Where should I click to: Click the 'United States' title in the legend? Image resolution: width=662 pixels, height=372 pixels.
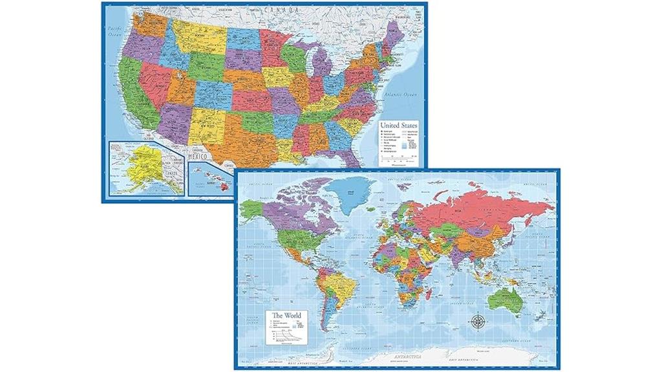(x=398, y=125)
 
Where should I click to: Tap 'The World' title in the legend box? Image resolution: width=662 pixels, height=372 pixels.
(x=286, y=316)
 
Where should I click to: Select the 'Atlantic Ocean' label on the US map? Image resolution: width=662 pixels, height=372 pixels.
(x=402, y=95)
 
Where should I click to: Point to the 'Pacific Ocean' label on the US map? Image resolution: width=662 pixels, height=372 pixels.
(x=116, y=30)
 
